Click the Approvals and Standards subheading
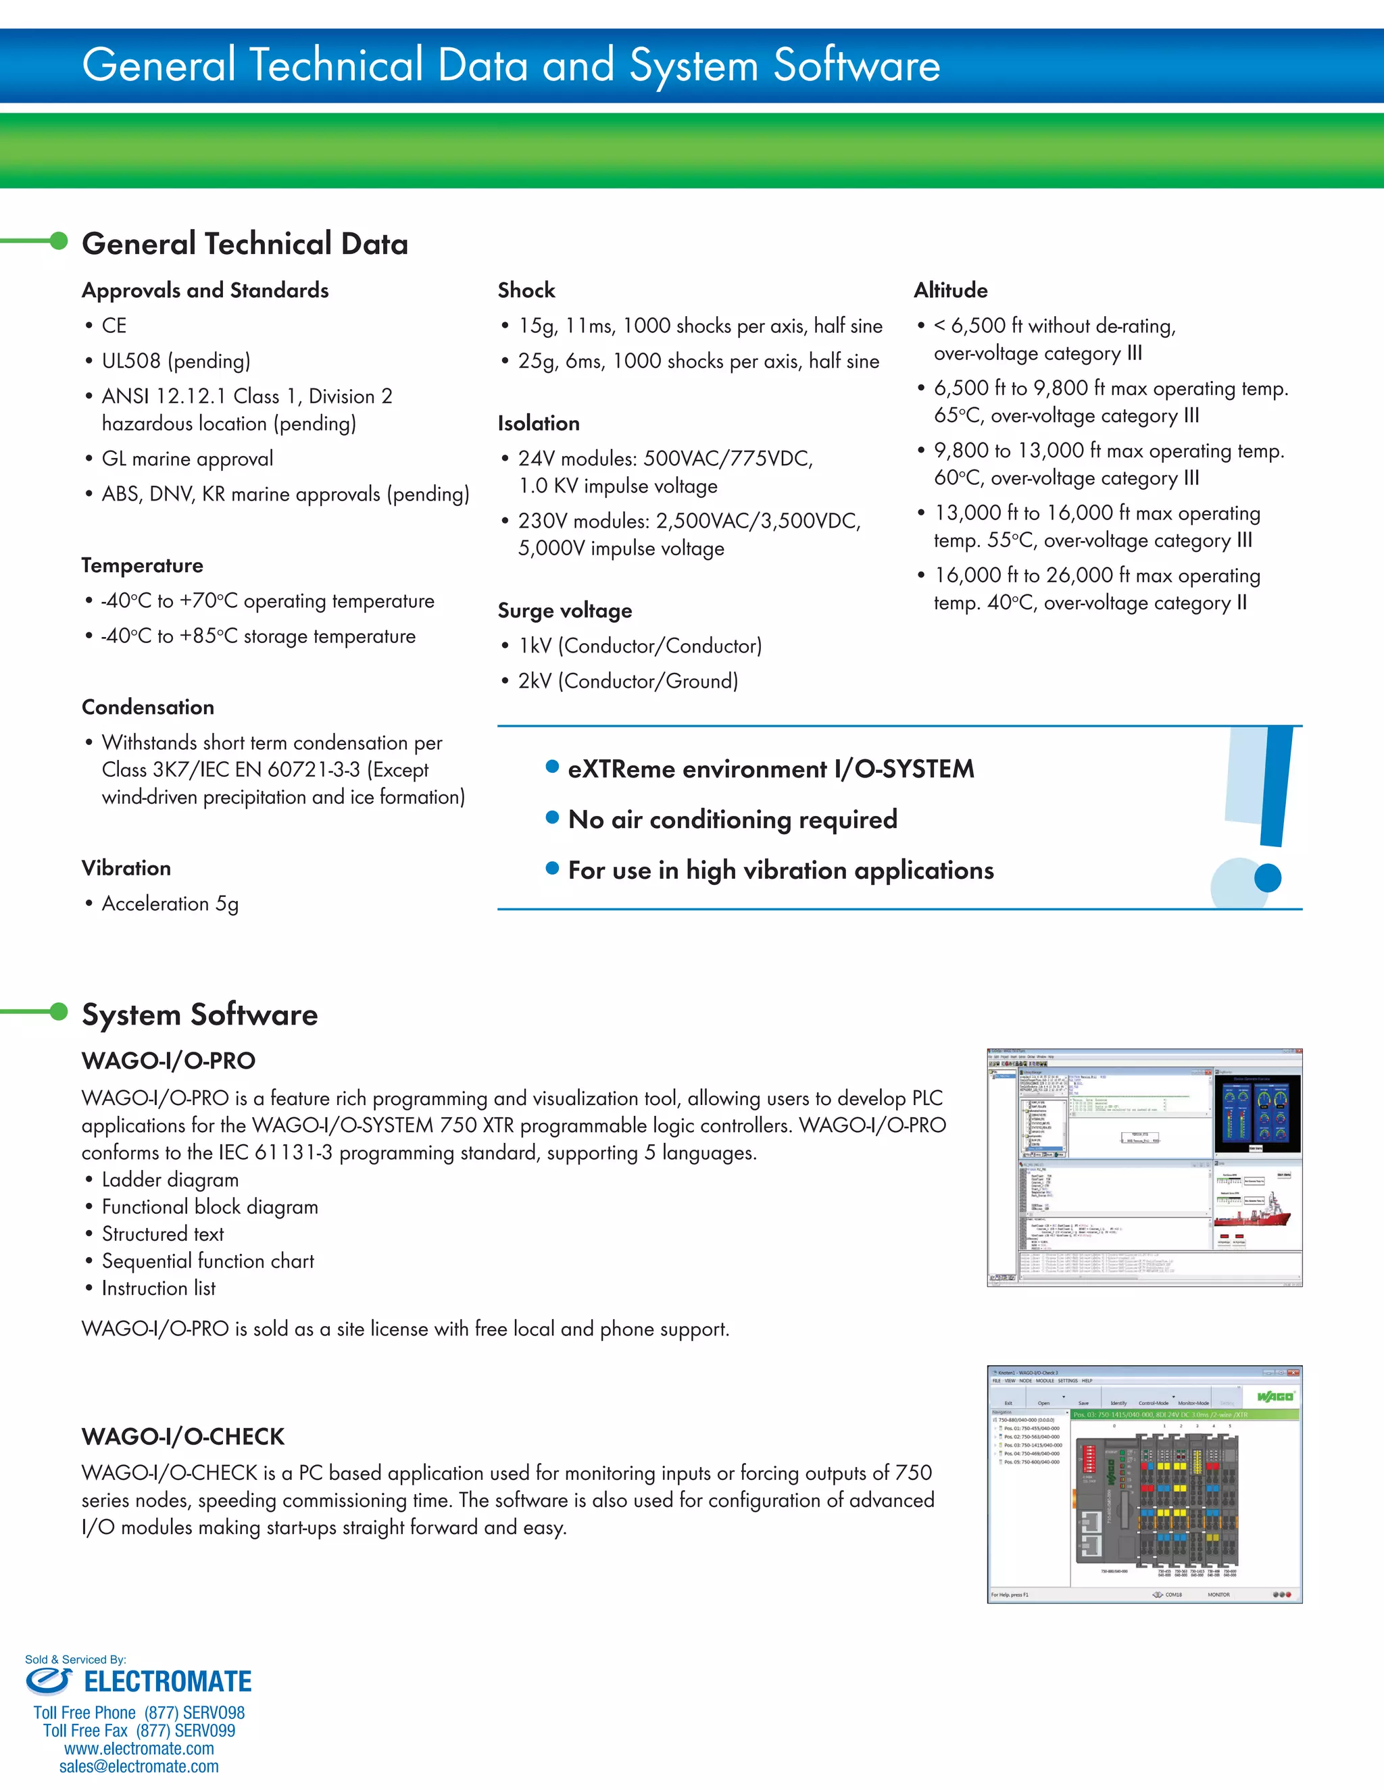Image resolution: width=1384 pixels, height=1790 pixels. coord(205,290)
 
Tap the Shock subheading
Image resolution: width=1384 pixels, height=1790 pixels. coord(526,290)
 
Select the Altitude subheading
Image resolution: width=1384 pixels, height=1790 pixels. coord(950,290)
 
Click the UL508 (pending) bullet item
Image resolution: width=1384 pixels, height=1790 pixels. coord(176,361)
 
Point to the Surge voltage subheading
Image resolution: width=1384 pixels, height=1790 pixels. coord(565,611)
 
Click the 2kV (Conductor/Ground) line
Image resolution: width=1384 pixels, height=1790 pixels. coord(627,681)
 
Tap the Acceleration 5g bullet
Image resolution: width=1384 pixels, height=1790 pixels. coord(170,903)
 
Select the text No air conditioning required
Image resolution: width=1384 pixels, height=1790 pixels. coord(732,819)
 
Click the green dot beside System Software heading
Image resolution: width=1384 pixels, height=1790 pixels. coord(59,1011)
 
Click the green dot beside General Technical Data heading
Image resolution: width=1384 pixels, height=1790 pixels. coord(59,240)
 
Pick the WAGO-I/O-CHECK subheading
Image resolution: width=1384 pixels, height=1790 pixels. coord(183,1437)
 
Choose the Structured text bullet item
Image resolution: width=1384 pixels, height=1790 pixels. coord(162,1233)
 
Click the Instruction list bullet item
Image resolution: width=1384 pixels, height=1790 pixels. coord(158,1287)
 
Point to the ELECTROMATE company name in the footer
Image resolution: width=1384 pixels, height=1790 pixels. coord(168,1682)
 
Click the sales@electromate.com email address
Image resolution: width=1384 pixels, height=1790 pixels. coord(139,1766)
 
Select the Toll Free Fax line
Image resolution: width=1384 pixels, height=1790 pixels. coord(139,1730)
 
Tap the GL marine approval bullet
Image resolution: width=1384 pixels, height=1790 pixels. coord(187,459)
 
